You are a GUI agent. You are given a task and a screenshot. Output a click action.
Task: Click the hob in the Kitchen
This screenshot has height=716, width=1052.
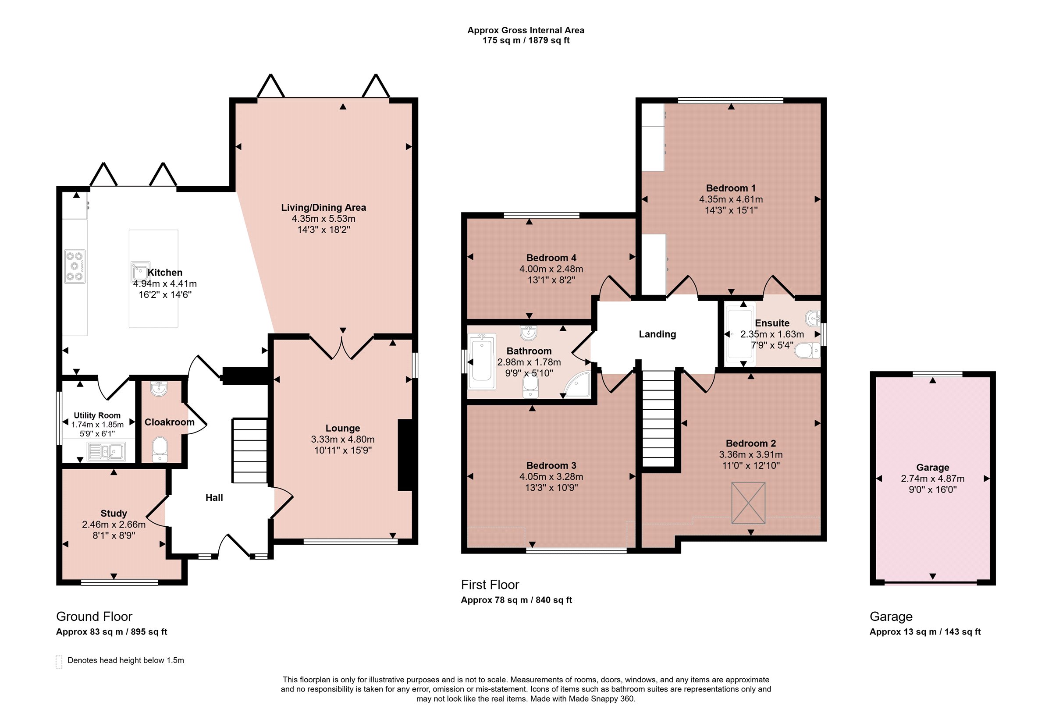tap(75, 266)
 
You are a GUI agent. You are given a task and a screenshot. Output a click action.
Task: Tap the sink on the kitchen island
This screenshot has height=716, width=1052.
tap(140, 272)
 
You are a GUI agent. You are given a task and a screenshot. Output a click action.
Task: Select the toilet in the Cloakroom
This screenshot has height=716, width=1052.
tap(160, 450)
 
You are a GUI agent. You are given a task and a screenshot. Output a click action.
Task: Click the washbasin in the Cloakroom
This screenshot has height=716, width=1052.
tap(159, 388)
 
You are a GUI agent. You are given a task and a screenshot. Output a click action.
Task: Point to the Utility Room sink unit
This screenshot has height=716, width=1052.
tap(107, 451)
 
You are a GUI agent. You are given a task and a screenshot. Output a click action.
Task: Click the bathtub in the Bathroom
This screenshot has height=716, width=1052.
tap(482, 361)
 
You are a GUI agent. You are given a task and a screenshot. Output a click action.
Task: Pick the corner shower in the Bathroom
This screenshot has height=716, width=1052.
tap(577, 385)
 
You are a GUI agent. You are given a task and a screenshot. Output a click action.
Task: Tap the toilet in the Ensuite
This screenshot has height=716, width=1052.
tap(807, 350)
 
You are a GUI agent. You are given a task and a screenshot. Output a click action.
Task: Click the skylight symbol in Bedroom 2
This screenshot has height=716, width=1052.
tap(748, 503)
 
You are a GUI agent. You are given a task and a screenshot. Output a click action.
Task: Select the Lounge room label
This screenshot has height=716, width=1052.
tap(343, 428)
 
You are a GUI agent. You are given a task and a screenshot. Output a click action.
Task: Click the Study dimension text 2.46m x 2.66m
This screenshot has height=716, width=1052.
tap(114, 525)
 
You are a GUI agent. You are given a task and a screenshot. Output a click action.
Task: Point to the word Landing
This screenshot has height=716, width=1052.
tap(657, 334)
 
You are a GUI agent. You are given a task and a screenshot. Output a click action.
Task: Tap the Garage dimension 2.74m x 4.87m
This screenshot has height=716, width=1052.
tap(932, 479)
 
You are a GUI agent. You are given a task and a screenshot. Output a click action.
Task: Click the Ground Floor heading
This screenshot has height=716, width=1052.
tap(94, 617)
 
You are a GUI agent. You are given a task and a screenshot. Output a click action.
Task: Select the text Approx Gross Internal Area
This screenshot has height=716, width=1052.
tap(526, 30)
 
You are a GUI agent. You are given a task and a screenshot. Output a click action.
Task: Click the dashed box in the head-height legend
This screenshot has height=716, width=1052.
tap(59, 662)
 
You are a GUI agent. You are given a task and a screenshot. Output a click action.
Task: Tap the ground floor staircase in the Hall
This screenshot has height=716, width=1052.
tap(249, 451)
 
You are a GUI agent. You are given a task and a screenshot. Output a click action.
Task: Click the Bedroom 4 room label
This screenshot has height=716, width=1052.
tap(551, 258)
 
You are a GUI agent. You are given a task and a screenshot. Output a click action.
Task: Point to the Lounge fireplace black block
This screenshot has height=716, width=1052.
tap(405, 455)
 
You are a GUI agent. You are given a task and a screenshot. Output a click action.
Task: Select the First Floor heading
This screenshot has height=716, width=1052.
tap(490, 585)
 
